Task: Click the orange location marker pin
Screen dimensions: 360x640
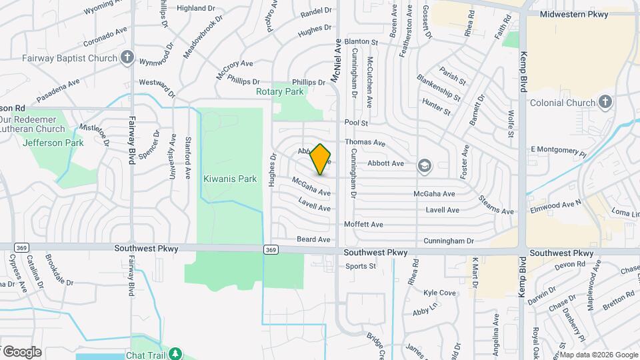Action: [321, 159]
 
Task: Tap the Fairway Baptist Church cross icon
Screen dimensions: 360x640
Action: [127, 59]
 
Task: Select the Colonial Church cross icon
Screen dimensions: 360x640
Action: [605, 103]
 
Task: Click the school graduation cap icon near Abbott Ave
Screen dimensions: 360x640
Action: [424, 165]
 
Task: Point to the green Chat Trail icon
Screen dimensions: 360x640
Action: [175, 353]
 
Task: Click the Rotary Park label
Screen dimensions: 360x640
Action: [280, 91]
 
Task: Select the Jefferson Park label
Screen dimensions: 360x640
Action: [53, 143]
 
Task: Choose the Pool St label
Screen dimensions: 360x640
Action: [357, 123]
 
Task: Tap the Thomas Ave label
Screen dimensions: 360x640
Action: [365, 143]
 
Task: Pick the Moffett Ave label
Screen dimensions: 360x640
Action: [363, 225]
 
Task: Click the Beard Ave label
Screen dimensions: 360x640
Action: [313, 239]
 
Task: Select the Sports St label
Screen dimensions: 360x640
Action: [361, 266]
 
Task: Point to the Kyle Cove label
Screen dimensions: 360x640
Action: [439, 293]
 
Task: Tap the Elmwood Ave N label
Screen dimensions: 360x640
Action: [556, 201]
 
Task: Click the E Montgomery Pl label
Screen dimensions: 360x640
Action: [557, 151]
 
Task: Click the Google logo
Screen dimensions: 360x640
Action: [23, 351]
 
